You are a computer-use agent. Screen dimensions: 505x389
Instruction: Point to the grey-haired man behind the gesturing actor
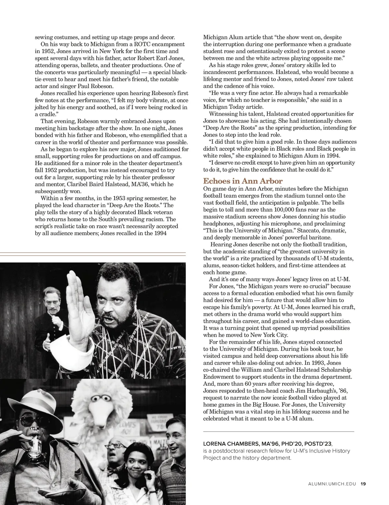(53, 300)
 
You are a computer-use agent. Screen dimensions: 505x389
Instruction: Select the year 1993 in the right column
(325, 363)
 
